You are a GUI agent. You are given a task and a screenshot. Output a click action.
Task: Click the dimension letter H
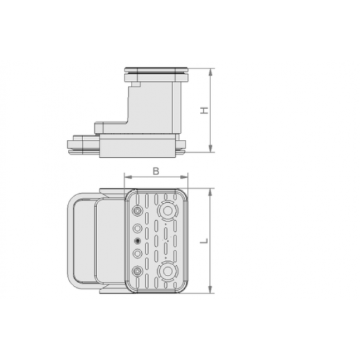(x=205, y=111)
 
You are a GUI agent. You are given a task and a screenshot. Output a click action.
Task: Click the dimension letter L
(x=205, y=240)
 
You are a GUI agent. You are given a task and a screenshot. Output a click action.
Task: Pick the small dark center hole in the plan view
(x=138, y=240)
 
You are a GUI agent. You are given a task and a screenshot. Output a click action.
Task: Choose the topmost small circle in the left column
(x=138, y=210)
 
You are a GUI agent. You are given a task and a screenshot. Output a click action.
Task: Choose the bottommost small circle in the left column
(x=138, y=271)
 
